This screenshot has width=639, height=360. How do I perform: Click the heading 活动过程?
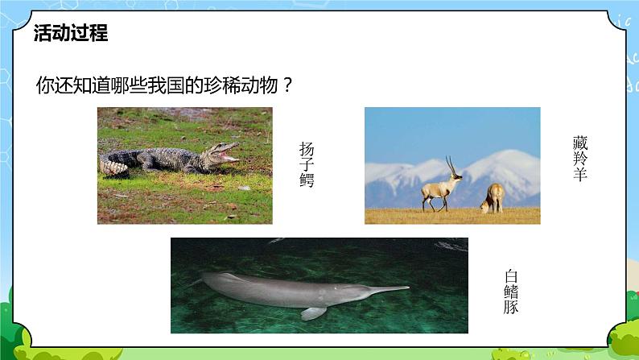tap(71, 34)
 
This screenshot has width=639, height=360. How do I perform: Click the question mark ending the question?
tap(284, 85)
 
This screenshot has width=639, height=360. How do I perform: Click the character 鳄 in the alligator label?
tap(307, 181)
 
